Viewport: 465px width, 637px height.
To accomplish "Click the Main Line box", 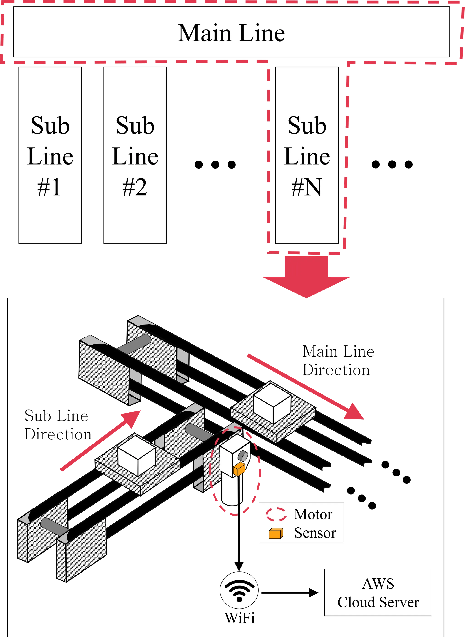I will [x=231, y=32].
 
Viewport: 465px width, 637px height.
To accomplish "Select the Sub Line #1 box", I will [x=50, y=155].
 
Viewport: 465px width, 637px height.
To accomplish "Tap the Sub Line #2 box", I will [x=135, y=155].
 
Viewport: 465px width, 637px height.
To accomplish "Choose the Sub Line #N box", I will [x=307, y=155].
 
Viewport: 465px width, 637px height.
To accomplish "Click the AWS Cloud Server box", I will [x=378, y=592].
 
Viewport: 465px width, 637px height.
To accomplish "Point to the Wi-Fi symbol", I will [x=239, y=590].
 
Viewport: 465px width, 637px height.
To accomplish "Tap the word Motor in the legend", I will [x=313, y=514].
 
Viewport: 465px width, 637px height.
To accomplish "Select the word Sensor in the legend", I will [x=315, y=533].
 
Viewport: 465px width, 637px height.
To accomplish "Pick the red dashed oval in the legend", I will [x=276, y=514].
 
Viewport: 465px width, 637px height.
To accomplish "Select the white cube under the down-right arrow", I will [x=272, y=403].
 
